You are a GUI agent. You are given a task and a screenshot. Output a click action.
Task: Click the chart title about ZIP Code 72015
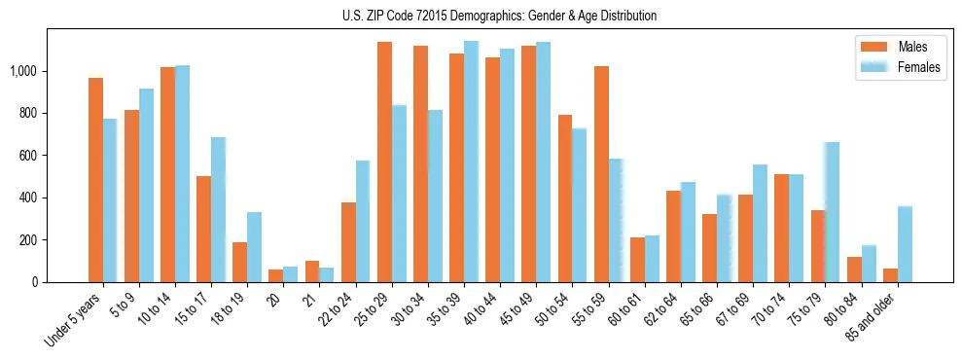(x=499, y=16)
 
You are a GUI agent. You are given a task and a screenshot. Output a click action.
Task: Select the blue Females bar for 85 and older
(x=905, y=244)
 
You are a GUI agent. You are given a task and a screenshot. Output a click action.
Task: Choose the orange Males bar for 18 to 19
(x=239, y=262)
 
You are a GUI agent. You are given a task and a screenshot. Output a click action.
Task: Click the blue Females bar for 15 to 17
(x=219, y=209)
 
